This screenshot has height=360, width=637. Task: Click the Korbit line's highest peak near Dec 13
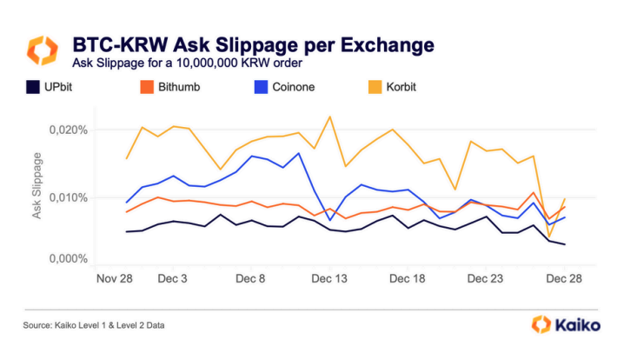330,117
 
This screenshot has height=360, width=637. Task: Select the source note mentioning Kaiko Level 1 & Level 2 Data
94,325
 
